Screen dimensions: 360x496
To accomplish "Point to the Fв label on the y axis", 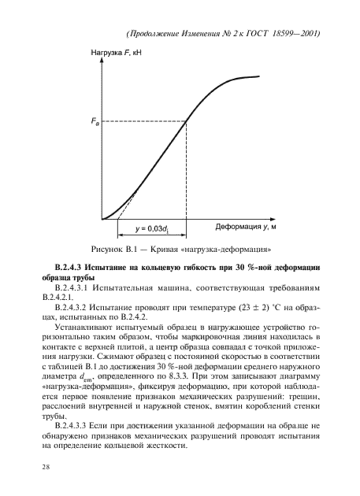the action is (x=95, y=122).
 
